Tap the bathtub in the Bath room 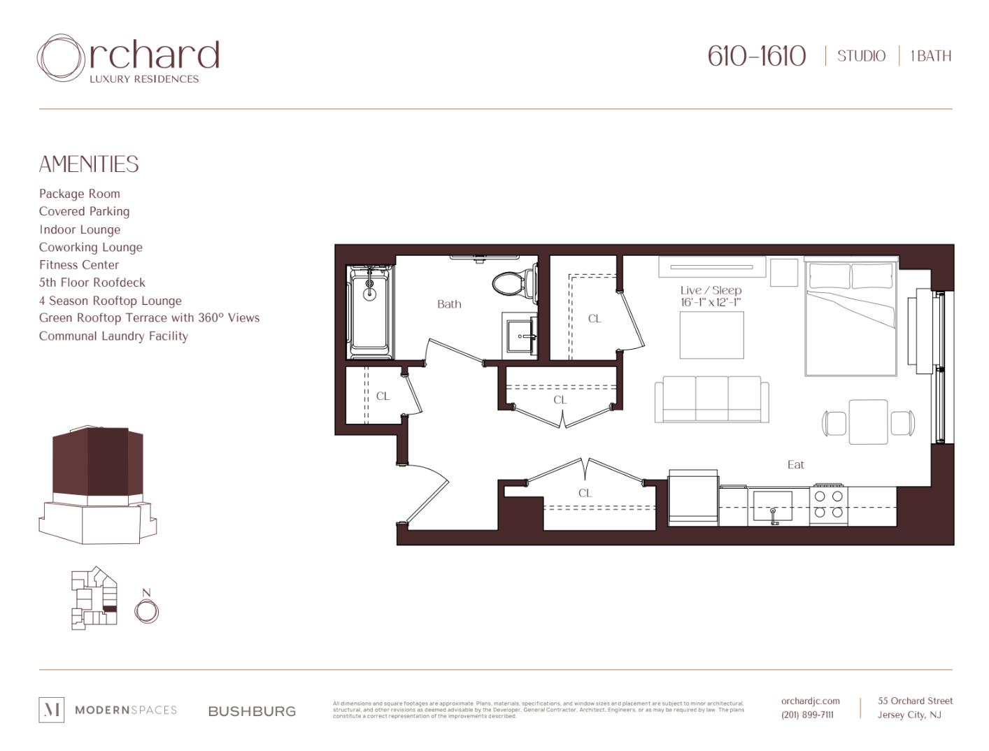coord(370,312)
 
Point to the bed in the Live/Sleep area coord(851,318)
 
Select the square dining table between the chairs coord(868,422)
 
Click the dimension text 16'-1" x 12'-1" coord(711,303)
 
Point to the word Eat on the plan coord(795,465)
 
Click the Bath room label coord(449,304)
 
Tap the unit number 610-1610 coord(756,56)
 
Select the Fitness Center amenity coord(79,265)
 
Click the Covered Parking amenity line coord(84,211)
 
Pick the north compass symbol coord(146,610)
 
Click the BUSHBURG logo coord(252,711)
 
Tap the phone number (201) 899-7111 coord(807,715)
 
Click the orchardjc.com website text coord(810,701)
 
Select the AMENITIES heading coord(89,164)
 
